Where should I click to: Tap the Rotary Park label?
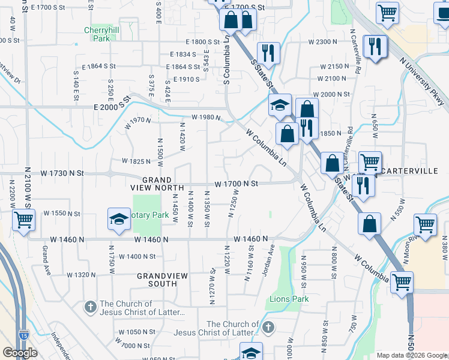tap(149, 215)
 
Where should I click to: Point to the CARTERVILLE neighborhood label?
tap(410, 171)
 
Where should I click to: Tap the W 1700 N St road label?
tap(237, 183)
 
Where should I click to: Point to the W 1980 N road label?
tap(206, 118)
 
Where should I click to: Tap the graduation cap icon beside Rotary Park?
tap(119, 219)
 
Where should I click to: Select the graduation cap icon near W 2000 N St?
tap(280, 106)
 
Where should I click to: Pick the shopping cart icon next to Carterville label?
tap(370, 161)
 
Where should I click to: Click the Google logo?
tap(20, 353)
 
